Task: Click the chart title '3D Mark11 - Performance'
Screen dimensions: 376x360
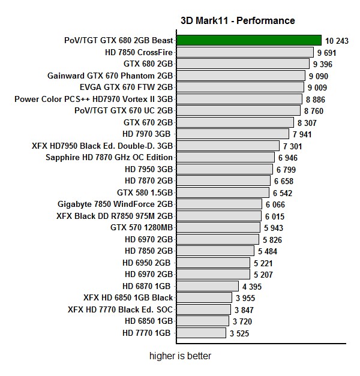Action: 238,20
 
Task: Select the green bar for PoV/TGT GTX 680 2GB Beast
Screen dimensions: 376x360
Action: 249,40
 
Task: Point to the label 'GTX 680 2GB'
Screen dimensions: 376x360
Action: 148,64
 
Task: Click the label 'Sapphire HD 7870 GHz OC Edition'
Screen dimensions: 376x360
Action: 109,157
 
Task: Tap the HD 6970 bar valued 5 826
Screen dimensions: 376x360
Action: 218,239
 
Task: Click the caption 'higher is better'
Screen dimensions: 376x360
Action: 180,356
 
